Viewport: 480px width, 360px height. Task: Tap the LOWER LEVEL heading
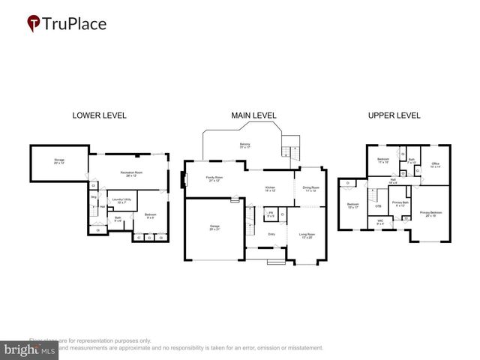(x=99, y=115)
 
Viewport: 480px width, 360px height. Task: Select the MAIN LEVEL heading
(x=253, y=115)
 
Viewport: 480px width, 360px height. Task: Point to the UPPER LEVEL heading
(x=394, y=115)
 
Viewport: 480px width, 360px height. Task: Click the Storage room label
(x=58, y=161)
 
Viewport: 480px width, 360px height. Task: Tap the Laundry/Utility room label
(x=122, y=201)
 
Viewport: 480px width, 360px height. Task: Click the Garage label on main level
(x=214, y=227)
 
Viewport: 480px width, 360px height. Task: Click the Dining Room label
(x=310, y=189)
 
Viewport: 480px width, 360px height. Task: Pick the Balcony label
(x=244, y=145)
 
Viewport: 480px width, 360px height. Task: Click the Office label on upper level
(x=436, y=165)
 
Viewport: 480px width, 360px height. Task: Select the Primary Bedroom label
(x=430, y=213)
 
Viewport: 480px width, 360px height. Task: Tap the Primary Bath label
(x=400, y=203)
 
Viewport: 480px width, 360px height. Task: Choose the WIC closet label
(x=380, y=221)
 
